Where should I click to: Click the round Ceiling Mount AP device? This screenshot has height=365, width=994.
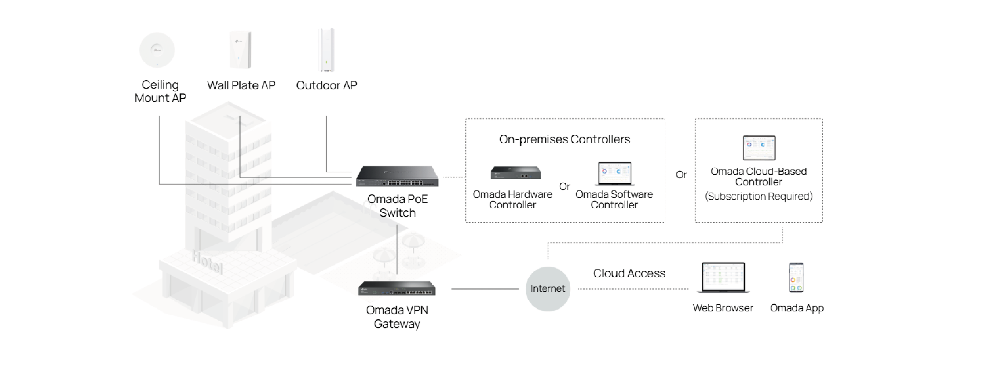point(157,50)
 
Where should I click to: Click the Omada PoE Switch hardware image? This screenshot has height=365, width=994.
point(397,176)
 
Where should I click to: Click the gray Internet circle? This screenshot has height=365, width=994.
point(548,289)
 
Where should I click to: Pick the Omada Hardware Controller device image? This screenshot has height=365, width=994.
point(516,173)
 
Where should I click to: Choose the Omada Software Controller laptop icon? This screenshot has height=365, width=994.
point(614,174)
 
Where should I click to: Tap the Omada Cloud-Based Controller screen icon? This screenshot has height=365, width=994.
point(759,147)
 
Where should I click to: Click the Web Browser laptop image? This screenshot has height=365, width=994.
point(723,277)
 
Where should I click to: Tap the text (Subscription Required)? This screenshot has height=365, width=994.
point(759,196)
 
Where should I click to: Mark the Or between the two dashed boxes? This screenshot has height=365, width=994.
point(681,175)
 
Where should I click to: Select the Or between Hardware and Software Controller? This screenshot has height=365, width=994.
point(565,186)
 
